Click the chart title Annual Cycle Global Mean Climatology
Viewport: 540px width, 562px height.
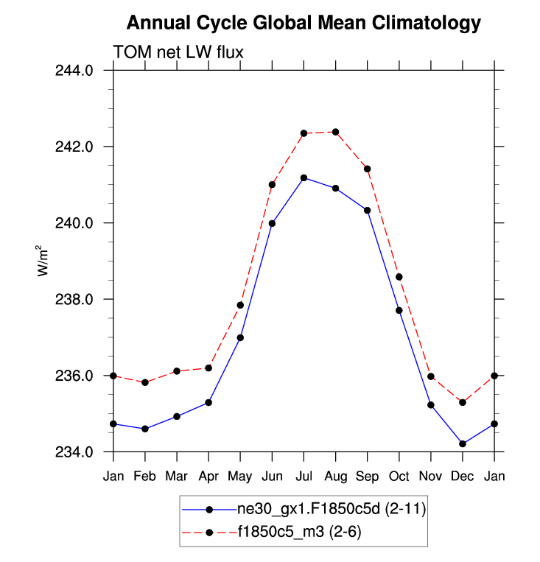304,23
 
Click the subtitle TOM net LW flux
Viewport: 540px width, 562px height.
178,52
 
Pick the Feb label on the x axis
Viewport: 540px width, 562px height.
145,476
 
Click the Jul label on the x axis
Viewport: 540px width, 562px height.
304,476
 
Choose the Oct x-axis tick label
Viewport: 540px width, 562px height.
399,476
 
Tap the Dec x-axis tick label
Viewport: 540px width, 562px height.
462,476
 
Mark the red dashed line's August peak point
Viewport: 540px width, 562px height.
335,132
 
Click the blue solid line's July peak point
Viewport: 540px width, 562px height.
304,178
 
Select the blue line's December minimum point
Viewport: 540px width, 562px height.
462,444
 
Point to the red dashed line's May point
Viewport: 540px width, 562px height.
240,305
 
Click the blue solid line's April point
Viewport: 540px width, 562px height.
208,402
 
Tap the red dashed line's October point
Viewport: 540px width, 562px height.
399,277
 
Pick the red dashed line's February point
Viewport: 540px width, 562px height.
145,382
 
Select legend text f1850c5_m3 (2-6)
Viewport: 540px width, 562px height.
299,531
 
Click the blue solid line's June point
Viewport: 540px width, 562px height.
272,223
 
